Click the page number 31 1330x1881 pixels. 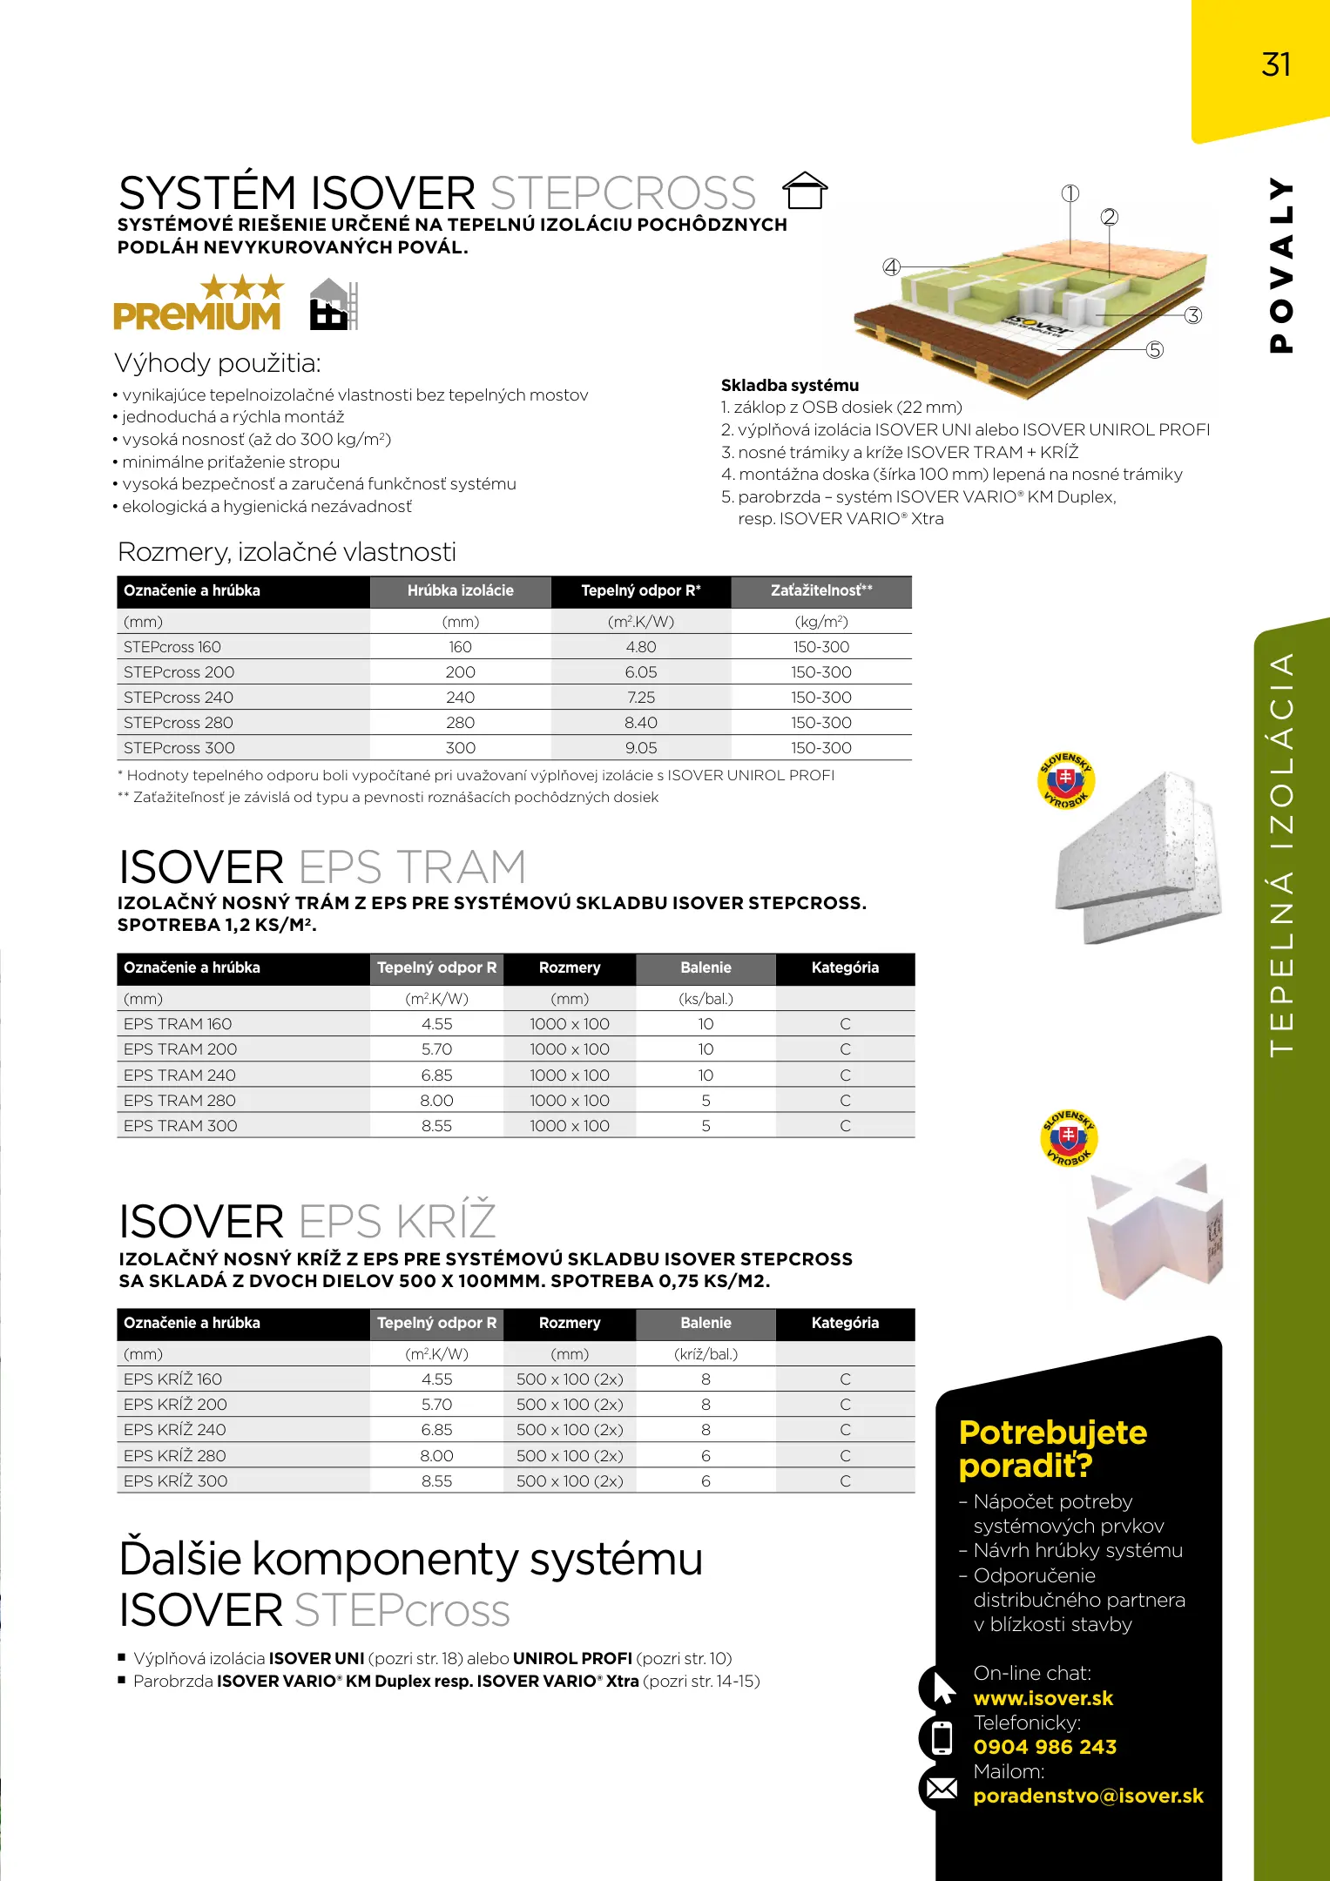(1276, 64)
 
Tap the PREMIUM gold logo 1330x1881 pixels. (198, 304)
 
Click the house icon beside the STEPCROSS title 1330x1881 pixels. (805, 190)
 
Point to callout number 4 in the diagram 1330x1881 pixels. (891, 267)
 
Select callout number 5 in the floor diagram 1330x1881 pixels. (1154, 350)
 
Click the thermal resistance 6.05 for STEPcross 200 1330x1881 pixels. (640, 672)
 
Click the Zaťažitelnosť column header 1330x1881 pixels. (820, 590)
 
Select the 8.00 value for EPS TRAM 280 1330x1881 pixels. (436, 1101)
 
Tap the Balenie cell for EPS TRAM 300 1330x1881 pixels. (706, 1126)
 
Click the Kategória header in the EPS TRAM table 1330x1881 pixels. (845, 967)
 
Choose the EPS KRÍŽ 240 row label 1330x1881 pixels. (175, 1430)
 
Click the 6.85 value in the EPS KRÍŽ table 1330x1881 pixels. (436, 1430)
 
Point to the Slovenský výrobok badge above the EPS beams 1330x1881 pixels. (1066, 780)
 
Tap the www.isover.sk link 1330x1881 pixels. (1043, 1698)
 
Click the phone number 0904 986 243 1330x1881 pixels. (1044, 1747)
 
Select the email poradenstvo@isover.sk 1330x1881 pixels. (1088, 1796)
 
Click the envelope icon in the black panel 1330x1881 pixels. (942, 1789)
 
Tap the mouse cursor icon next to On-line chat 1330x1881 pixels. (943, 1689)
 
